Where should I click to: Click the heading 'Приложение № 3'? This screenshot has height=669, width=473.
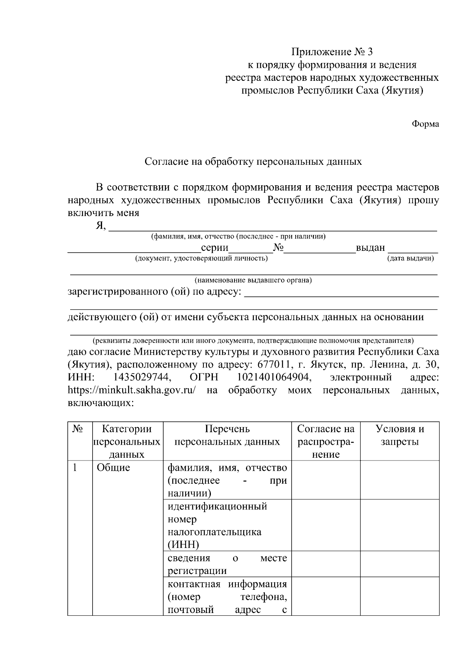(x=331, y=52)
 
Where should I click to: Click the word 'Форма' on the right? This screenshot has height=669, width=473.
(x=425, y=124)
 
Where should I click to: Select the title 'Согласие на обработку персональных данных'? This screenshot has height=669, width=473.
(x=253, y=162)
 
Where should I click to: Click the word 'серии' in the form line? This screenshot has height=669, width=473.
(x=214, y=248)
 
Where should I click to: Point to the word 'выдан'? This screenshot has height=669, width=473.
(x=370, y=248)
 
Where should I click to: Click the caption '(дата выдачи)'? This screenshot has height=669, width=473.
(x=410, y=258)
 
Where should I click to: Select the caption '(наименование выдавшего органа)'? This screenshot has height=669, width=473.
(x=253, y=280)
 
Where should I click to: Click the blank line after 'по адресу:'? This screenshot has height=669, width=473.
(x=341, y=292)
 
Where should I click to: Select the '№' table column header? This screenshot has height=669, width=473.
(x=78, y=429)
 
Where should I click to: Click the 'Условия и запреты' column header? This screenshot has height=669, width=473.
(x=399, y=435)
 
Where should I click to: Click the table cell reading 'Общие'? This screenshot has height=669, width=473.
(x=114, y=468)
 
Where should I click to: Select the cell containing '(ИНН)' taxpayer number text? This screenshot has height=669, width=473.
(x=227, y=525)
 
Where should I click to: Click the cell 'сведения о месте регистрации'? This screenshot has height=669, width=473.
(x=227, y=564)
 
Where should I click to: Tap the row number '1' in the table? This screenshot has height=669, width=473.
(x=74, y=468)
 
